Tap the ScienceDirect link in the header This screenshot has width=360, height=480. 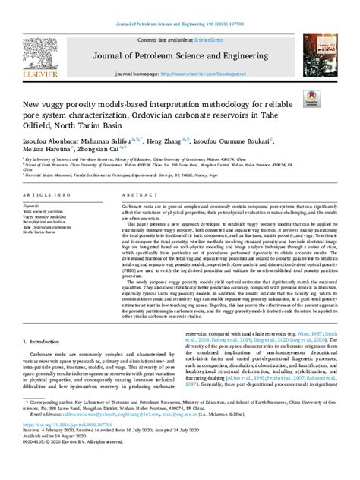point(204,39)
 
